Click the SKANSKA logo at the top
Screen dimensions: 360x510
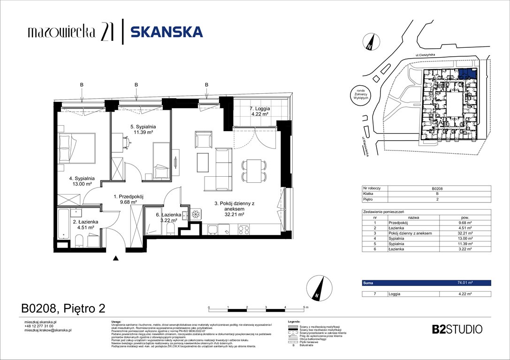pos(166,31)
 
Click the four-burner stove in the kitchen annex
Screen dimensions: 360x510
pos(244,229)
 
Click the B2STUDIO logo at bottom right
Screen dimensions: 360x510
pos(457,329)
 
